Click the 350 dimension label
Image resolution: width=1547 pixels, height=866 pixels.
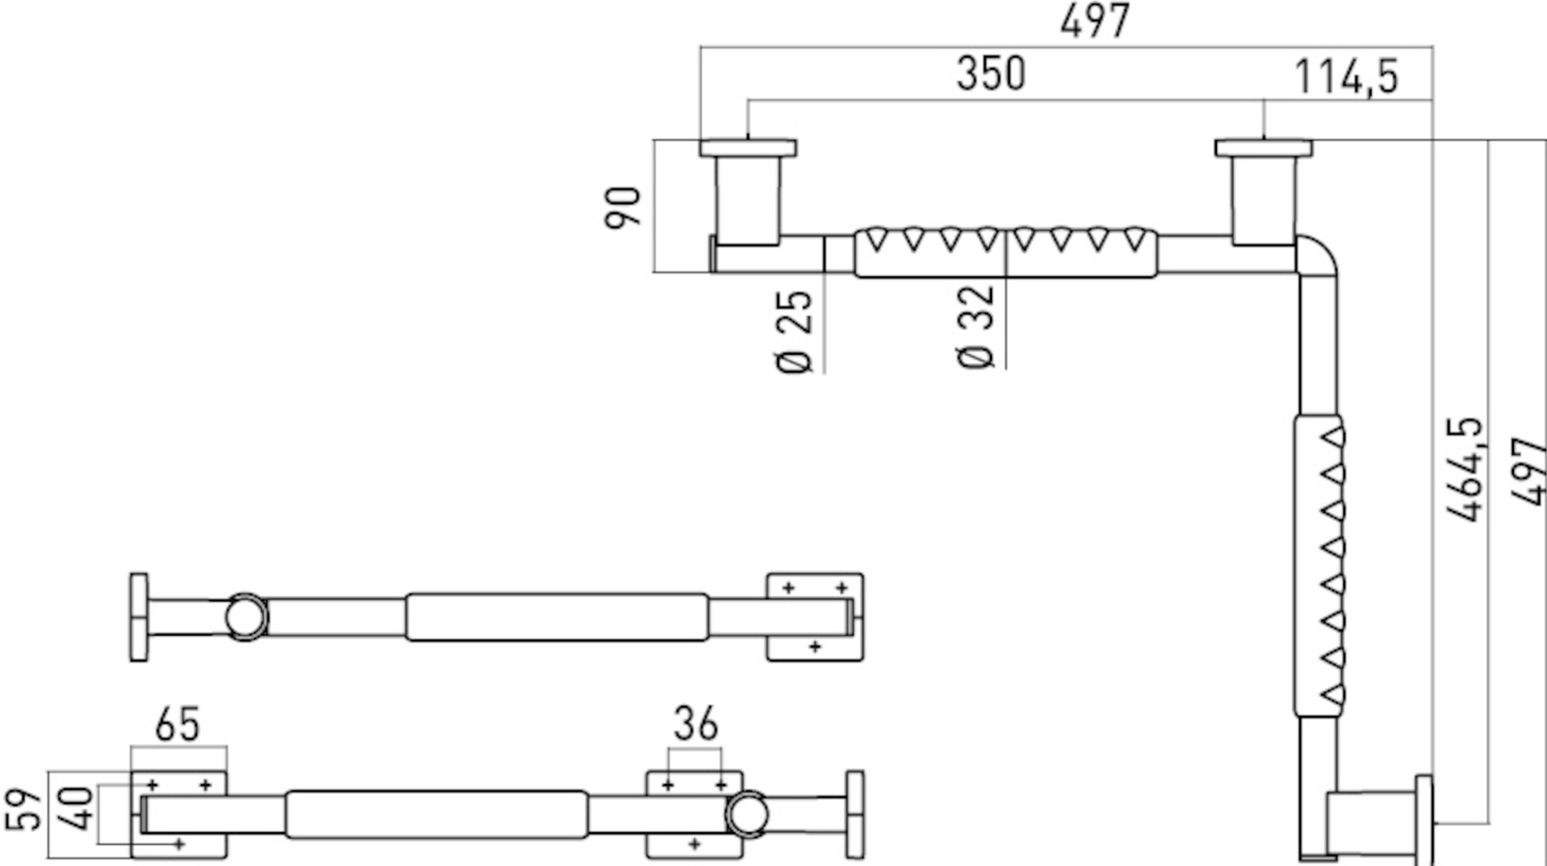point(990,73)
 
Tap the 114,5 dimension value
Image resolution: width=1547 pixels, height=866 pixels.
point(1346,76)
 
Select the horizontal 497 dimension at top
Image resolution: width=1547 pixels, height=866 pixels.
point(1095,20)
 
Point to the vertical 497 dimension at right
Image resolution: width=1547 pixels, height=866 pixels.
point(1528,472)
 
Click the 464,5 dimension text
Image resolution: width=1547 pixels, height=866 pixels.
point(1465,469)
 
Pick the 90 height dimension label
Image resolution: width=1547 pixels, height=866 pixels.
point(623,207)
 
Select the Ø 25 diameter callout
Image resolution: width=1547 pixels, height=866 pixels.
point(794,332)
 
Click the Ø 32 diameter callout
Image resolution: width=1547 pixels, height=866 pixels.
point(976,327)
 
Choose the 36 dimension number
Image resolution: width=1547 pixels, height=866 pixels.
point(695,723)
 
